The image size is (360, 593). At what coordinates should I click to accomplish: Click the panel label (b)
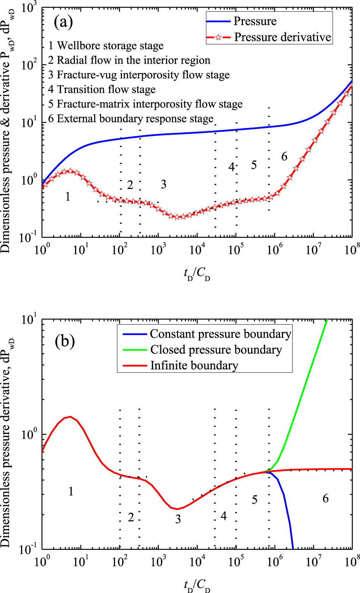tap(64, 341)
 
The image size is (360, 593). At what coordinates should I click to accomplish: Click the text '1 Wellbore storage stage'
tap(106, 46)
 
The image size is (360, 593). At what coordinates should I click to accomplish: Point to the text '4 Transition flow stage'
tap(102, 90)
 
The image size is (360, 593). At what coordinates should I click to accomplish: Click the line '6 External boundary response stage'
tap(131, 119)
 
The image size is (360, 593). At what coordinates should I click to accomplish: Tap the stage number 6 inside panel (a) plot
tap(284, 156)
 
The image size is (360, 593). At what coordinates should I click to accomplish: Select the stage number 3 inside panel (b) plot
tap(178, 519)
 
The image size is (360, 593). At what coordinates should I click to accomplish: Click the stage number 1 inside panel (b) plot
tap(71, 492)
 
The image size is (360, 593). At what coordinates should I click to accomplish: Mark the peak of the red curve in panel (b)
tap(70, 417)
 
